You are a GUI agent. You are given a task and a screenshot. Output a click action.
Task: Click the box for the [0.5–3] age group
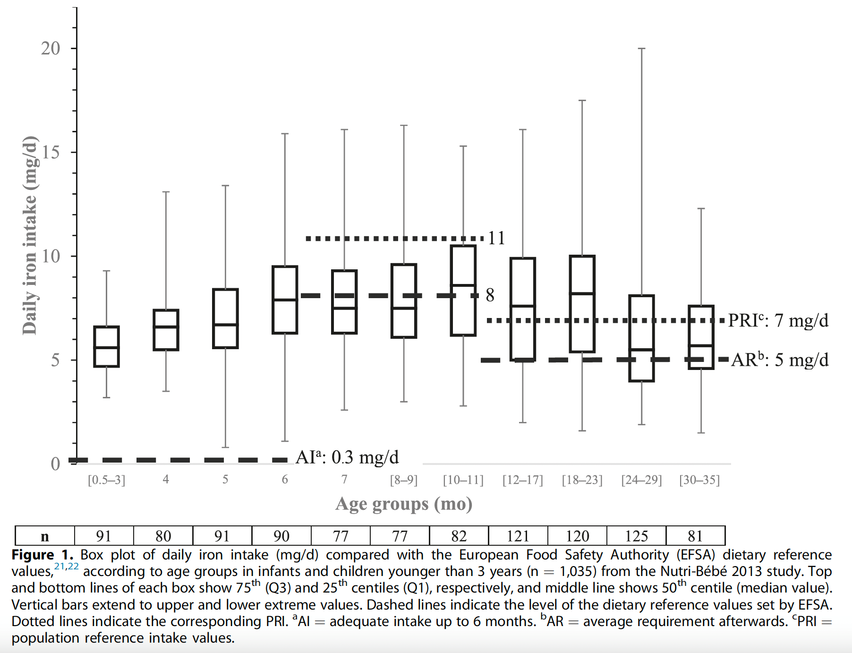(x=106, y=346)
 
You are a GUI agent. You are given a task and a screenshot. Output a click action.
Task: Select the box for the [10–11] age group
(x=463, y=290)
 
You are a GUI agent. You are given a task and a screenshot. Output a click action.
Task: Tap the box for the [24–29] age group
(x=641, y=338)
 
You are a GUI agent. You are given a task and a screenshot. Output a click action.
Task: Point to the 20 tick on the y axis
(x=51, y=48)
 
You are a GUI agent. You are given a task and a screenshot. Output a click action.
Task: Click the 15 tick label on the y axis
(x=51, y=152)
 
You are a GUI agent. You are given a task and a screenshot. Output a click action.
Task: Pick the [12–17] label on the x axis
(x=522, y=480)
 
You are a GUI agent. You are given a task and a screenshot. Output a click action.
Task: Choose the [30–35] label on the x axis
(x=699, y=480)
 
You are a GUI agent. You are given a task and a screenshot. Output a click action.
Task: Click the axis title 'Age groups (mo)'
(x=404, y=504)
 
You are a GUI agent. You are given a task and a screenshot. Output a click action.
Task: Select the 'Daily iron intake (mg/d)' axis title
(x=29, y=235)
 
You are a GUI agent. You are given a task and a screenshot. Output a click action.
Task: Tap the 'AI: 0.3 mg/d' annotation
(x=347, y=457)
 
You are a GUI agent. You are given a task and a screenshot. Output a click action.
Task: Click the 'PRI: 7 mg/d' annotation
(x=778, y=320)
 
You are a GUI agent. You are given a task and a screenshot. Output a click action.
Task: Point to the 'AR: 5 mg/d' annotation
(x=779, y=360)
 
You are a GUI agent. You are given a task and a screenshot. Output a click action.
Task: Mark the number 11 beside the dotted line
(x=496, y=238)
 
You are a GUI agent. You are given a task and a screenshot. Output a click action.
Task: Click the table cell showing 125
(x=636, y=536)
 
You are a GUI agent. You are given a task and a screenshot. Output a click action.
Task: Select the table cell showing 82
(x=459, y=536)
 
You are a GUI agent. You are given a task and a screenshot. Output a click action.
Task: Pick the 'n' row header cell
(x=45, y=536)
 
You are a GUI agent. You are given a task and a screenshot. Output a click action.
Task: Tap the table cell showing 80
(x=163, y=536)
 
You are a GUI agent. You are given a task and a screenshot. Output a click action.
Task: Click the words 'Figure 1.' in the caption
(x=42, y=555)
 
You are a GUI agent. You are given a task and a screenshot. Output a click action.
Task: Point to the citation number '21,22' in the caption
(x=67, y=566)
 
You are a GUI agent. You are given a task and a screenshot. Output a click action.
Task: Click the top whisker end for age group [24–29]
(x=641, y=49)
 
